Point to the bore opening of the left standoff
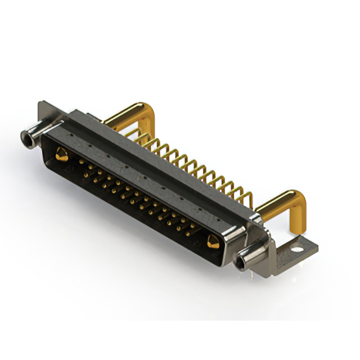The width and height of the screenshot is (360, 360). pyautogui.click(x=25, y=136)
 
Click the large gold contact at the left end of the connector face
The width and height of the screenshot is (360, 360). pyautogui.click(x=60, y=152)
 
